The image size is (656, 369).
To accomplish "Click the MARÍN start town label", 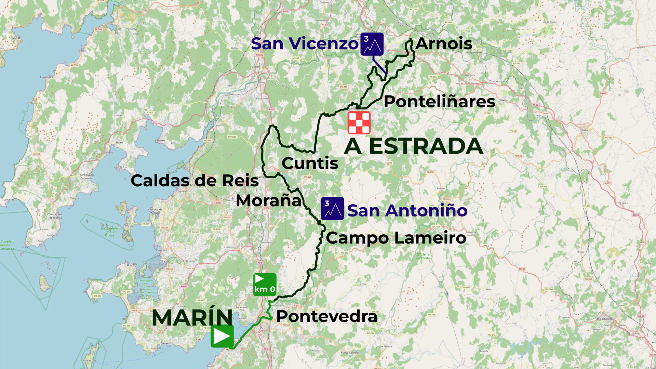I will (192, 318).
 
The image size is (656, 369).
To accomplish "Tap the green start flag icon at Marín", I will (222, 336).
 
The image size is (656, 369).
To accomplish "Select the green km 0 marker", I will (265, 285).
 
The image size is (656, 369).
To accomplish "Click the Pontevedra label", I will (326, 316).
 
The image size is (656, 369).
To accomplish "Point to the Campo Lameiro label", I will (396, 238).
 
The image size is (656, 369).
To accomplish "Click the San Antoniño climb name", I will (407, 211).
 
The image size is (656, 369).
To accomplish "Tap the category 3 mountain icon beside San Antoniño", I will (332, 209).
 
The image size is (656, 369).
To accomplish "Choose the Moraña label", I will (269, 201).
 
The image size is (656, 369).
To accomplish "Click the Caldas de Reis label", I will (195, 181).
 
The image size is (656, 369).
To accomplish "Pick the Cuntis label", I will (310, 163).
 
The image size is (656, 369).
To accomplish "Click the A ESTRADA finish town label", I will (413, 146).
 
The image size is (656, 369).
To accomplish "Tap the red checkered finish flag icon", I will (359, 123).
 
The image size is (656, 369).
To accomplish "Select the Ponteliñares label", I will (439, 102).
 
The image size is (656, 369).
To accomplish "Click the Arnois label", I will (444, 44).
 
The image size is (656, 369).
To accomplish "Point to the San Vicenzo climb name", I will (305, 44).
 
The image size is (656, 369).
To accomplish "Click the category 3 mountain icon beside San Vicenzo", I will (372, 44).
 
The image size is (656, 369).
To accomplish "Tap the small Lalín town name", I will (585, 130).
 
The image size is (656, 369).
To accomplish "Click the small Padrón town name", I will (255, 67).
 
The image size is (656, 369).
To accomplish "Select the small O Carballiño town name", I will (604, 319).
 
